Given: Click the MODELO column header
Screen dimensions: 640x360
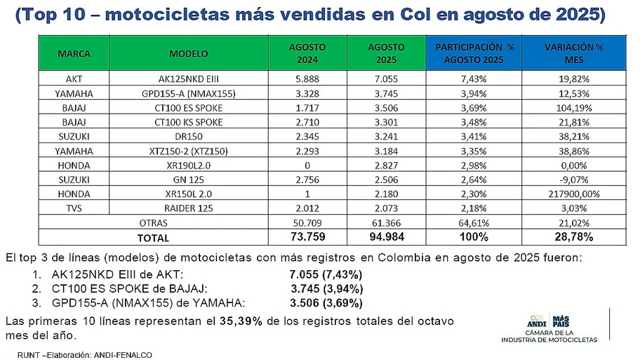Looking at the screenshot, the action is [x=189, y=53].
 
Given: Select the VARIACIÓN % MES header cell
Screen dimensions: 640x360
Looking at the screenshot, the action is [x=573, y=53].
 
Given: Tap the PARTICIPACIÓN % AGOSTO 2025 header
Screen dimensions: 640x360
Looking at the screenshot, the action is [x=474, y=53].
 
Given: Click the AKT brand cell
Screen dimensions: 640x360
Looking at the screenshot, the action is [x=74, y=79].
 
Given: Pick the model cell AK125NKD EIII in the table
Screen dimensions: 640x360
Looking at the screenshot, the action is [x=189, y=79].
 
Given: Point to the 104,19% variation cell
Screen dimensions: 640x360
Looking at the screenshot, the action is [x=574, y=108].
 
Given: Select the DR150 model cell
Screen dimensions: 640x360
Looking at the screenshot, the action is [x=189, y=136].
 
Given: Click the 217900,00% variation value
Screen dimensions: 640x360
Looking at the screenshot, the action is [x=574, y=194].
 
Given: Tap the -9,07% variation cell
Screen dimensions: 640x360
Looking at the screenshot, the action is [x=574, y=180].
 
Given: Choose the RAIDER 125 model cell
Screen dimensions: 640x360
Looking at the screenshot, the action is [x=189, y=208].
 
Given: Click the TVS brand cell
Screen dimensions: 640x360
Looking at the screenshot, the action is [x=74, y=208].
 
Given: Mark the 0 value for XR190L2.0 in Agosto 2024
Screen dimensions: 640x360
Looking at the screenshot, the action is [x=307, y=166].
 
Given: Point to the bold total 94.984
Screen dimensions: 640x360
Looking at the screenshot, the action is [x=387, y=236].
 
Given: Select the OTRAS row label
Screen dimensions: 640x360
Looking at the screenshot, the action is [x=154, y=223].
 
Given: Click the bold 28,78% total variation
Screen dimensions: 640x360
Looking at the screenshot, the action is [x=574, y=236].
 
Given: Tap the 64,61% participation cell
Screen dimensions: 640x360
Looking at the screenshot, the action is [x=474, y=223].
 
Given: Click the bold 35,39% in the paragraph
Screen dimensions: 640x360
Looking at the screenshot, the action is [x=241, y=321].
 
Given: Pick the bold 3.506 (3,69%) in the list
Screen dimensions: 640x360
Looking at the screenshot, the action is [x=326, y=303].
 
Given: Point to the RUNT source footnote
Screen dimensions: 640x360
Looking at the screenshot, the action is [x=85, y=355].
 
